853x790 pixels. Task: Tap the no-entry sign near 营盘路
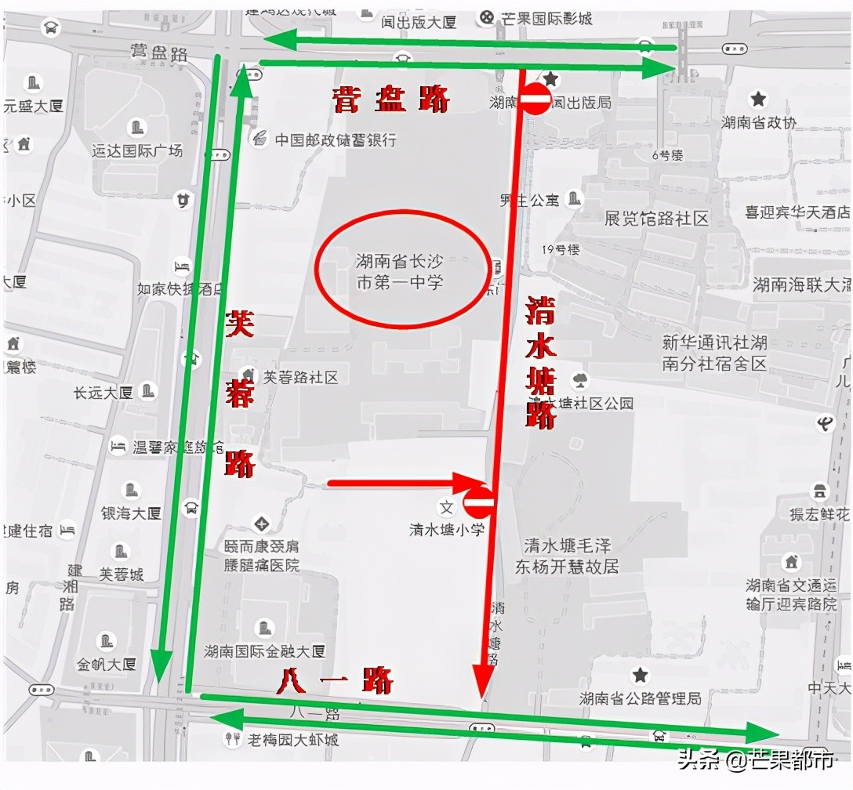pos(537,100)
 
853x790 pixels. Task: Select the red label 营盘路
pos(391,100)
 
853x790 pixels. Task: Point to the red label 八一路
pos(335,681)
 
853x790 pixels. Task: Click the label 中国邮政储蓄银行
pos(335,140)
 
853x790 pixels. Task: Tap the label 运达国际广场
pos(137,150)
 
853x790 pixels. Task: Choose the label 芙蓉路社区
pos(300,377)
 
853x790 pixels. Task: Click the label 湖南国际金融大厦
pos(264,651)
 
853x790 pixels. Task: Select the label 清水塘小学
pos(447,529)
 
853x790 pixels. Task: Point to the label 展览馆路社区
pos(656,219)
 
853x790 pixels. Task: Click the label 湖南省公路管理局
pos(640,698)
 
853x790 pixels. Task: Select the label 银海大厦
pos(131,513)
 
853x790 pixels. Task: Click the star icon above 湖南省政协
pos(758,99)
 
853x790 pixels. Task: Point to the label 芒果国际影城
pos(546,17)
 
